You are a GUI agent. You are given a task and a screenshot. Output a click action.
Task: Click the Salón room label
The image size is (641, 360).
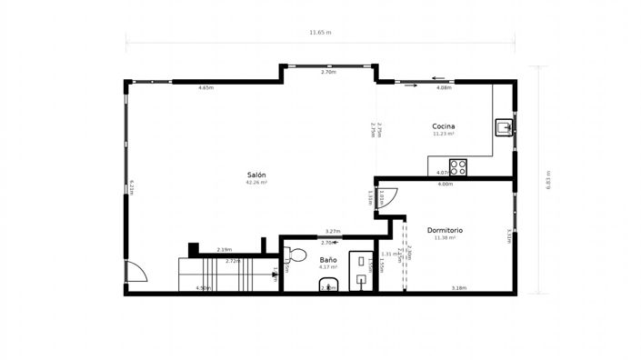tap(257, 175)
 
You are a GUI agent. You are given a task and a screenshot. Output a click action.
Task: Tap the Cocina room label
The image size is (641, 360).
tap(444, 126)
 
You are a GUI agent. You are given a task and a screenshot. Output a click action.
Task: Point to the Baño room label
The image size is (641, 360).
tap(328, 260)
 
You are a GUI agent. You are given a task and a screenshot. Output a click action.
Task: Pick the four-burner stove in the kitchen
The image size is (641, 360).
tap(458, 167)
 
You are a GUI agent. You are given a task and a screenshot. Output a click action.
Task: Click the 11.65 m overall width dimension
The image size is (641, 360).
tap(320, 33)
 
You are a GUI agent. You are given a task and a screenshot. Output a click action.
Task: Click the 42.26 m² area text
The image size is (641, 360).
tap(256, 182)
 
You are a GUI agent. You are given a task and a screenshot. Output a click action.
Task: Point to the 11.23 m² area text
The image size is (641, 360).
tap(444, 134)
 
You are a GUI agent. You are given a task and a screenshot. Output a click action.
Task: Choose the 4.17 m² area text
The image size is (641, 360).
tap(328, 267)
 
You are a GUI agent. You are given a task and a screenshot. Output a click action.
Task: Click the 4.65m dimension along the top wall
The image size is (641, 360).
tap(205, 87)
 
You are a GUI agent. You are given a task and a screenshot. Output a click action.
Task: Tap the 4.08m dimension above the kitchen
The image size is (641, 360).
tap(444, 88)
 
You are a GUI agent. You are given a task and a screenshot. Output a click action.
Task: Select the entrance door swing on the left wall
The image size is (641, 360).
tap(134, 272)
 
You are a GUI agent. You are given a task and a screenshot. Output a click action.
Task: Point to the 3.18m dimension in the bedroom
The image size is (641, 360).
tap(459, 288)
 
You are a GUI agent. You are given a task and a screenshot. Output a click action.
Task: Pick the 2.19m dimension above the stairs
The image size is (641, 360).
tap(224, 250)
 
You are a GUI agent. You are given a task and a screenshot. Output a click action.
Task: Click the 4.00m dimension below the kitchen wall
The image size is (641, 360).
tap(445, 185)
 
